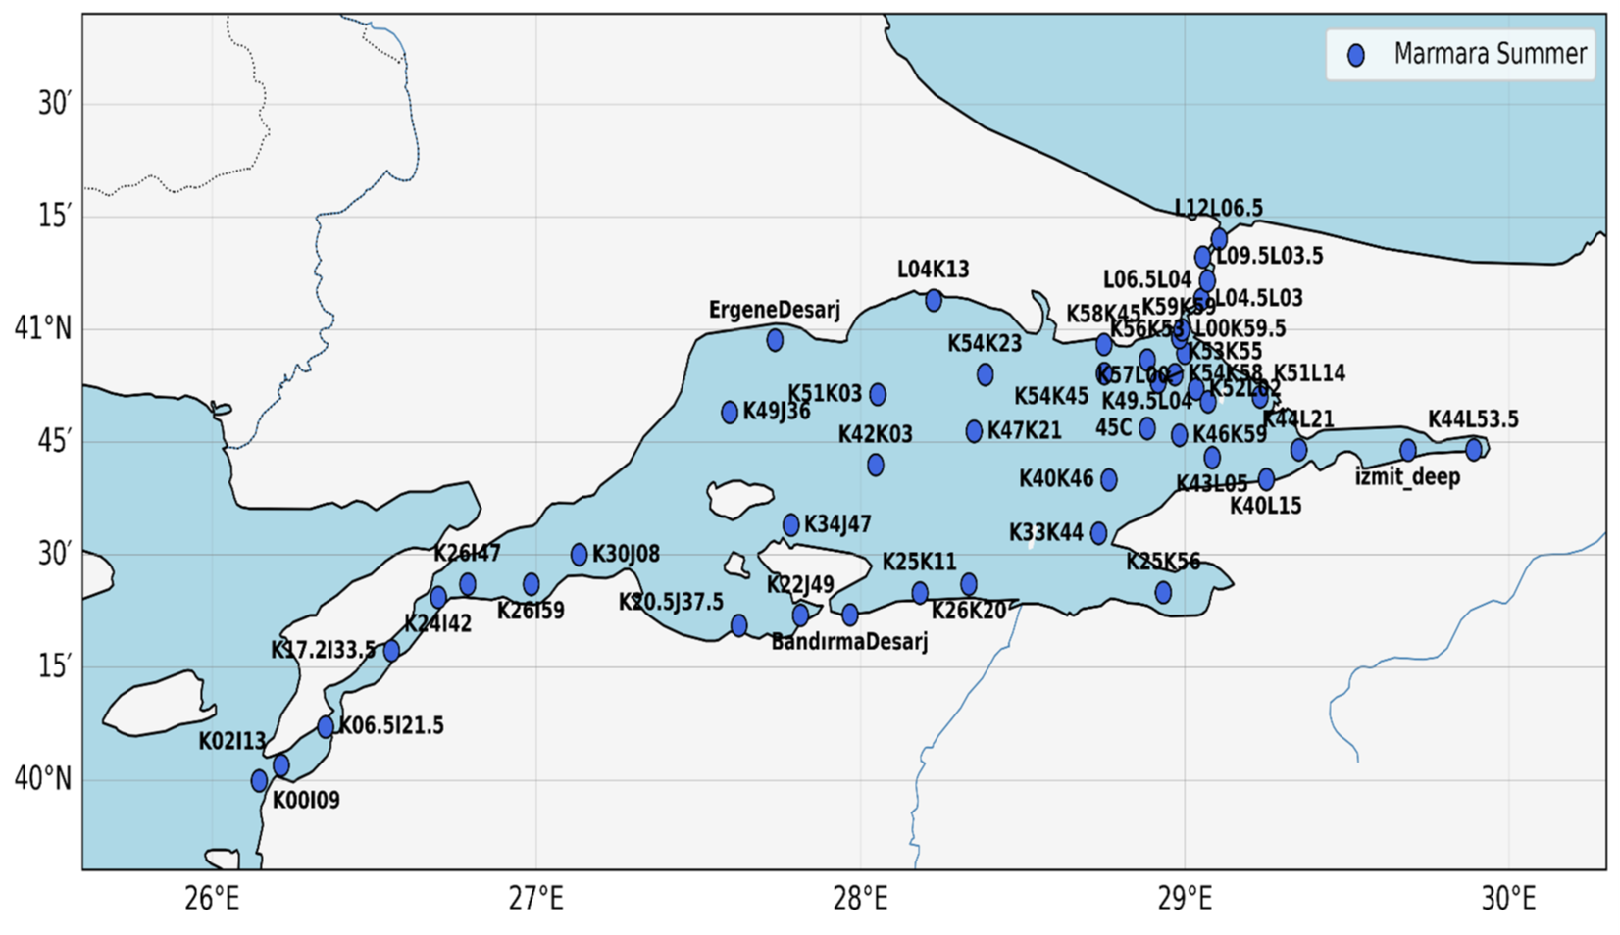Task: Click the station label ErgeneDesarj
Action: pos(775,311)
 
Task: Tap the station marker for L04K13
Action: pos(934,300)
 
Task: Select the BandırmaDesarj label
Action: pos(849,642)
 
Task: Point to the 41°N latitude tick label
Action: pos(43,328)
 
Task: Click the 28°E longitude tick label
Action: pos(860,898)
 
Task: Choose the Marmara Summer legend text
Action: pos(1490,54)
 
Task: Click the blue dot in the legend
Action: pos(1356,55)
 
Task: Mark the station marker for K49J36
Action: pos(730,413)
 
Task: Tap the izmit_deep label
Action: pos(1407,477)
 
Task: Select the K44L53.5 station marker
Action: pos(1474,449)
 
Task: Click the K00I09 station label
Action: pos(306,801)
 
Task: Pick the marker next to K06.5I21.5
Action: pos(326,726)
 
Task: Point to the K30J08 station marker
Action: pos(579,555)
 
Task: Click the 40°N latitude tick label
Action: pos(43,779)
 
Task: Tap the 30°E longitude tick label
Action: pos(1508,898)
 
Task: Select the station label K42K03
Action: pos(875,434)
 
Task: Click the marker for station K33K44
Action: pos(1098,533)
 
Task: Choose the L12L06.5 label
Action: pos(1219,208)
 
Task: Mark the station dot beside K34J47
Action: pos(791,524)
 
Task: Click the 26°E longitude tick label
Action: pos(212,898)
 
